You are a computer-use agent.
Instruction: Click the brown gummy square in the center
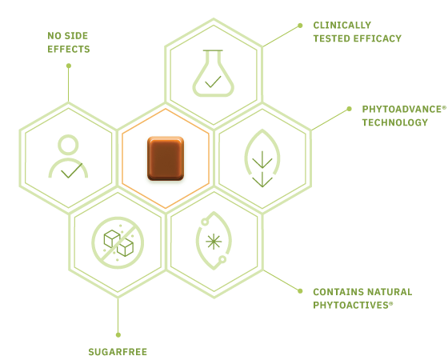tap(166, 158)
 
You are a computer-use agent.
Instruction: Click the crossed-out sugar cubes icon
tap(118, 242)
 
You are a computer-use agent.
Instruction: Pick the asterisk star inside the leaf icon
tap(214, 242)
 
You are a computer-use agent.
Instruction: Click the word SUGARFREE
tap(118, 352)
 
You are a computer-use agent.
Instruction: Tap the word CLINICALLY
tap(342, 25)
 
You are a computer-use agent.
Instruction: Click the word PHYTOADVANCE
tap(402, 109)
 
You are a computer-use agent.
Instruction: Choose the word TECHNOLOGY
tap(395, 122)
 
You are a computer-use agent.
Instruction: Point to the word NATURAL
tap(390, 292)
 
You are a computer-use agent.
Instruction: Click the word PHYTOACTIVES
tap(351, 305)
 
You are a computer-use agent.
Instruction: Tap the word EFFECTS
tap(69, 49)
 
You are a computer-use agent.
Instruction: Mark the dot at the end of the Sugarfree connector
tap(118, 335)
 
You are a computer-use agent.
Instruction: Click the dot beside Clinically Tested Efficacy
tap(300, 26)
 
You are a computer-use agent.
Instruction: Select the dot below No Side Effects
tap(69, 66)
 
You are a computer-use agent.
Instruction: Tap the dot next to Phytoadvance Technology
tap(349, 109)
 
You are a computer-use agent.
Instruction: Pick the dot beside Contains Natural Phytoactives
tap(300, 291)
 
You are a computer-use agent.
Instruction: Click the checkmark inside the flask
tap(213, 82)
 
